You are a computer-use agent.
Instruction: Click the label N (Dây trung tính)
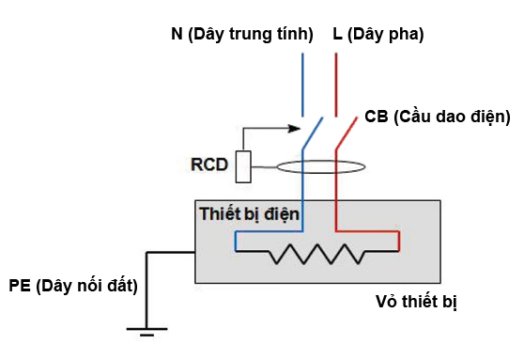pyautogui.click(x=241, y=35)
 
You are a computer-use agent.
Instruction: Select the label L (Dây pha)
pyautogui.click(x=378, y=35)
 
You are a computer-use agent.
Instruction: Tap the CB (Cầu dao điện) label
pyautogui.click(x=437, y=117)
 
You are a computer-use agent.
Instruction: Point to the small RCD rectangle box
pyautogui.click(x=243, y=166)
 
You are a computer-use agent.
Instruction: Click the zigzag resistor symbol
pyautogui.click(x=318, y=253)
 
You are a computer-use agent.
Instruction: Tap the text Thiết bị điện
pyautogui.click(x=249, y=214)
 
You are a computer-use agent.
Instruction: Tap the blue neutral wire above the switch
pyautogui.click(x=302, y=85)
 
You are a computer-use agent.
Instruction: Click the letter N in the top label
pyautogui.click(x=177, y=35)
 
